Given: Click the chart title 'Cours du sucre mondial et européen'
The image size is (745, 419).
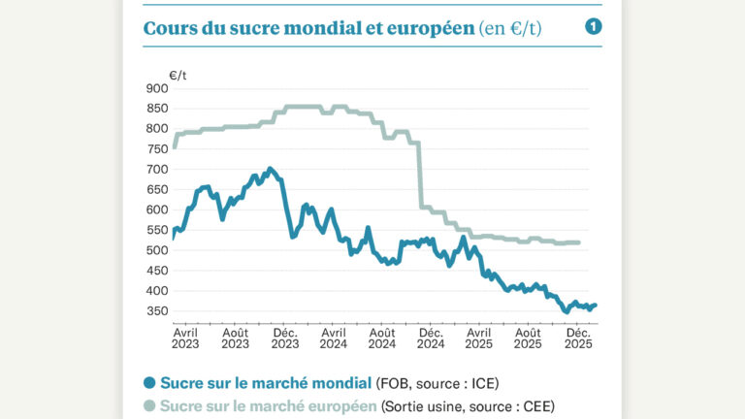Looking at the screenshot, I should point(308,28).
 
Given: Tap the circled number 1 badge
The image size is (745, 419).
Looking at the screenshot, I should point(594,27).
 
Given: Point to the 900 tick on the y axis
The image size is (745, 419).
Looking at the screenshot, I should point(155,88).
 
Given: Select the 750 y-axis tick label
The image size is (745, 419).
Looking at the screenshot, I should point(155,148).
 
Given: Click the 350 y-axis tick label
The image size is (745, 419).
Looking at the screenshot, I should point(155,311).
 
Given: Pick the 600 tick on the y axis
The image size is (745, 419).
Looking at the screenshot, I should point(155,209).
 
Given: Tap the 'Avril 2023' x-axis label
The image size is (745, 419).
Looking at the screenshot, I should point(185,337).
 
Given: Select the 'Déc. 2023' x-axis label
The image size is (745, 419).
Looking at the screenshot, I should point(284,337).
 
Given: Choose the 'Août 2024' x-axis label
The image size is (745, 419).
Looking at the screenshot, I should point(382,337).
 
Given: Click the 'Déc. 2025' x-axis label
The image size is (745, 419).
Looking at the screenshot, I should point(578,337).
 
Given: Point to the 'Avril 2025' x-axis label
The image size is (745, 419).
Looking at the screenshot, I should point(479,337).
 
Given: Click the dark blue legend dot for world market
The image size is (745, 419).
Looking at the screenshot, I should point(149,382).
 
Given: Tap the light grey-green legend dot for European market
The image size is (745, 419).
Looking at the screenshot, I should point(149,405).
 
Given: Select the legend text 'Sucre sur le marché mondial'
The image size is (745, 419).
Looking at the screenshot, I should point(266,382).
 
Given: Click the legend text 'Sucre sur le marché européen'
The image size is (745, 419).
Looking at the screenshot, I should point(269,405).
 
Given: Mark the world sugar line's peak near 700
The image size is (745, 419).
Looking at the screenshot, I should point(270,169).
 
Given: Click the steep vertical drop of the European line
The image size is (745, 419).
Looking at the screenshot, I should point(420,175).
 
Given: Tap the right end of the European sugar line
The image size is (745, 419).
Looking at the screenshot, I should point(579,242).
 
